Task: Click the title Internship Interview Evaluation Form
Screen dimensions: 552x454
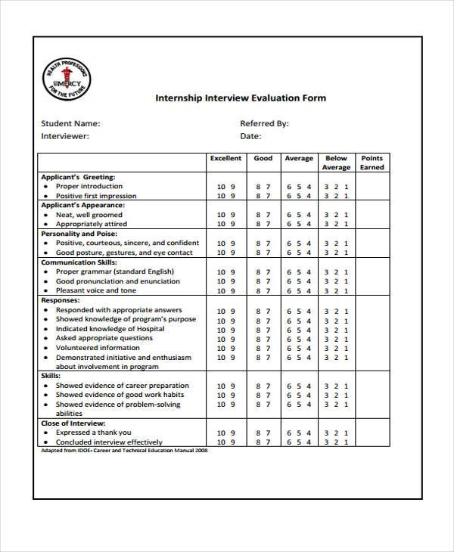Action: [241, 98]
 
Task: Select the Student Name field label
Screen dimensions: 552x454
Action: [70, 123]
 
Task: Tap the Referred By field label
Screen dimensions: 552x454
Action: [264, 123]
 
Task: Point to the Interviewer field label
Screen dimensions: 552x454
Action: [65, 137]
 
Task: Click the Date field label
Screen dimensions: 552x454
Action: [250, 137]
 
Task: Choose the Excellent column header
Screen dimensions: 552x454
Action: [225, 159]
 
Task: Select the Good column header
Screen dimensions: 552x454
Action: [263, 159]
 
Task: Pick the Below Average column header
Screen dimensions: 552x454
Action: [336, 163]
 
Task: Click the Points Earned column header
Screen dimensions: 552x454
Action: [372, 163]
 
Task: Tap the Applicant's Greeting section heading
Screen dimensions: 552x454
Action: [79, 176]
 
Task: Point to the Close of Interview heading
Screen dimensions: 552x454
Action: [73, 423]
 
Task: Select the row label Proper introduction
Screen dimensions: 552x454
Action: [89, 186]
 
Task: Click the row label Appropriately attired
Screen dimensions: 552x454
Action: [92, 225]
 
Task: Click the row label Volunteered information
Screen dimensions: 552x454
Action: [97, 348]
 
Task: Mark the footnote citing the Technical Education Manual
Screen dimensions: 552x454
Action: [123, 451]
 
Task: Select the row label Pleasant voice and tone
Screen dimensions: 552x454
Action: [96, 290]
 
